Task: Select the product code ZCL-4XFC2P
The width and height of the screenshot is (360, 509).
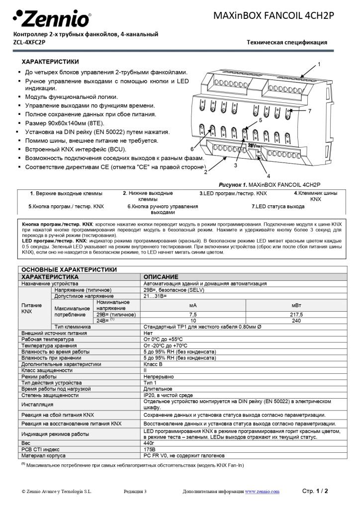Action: coord(29,42)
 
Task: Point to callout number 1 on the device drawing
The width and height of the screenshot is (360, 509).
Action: coord(319,64)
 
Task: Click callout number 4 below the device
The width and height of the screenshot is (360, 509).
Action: coord(268,175)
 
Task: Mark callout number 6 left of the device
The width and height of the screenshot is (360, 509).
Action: coord(192,149)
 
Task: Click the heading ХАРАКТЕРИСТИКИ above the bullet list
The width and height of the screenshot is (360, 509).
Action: coord(50,62)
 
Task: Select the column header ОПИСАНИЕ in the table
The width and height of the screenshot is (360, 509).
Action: coord(161,276)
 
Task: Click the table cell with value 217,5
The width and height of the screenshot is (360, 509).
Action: coord(296,315)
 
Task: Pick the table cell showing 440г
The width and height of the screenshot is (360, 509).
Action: coord(149,442)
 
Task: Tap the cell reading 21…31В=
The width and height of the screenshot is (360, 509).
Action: coord(155,296)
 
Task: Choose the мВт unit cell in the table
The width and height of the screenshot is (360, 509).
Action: coord(296,305)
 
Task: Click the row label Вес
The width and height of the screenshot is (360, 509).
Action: coord(26,442)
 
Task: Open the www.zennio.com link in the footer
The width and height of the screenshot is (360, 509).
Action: coord(262,491)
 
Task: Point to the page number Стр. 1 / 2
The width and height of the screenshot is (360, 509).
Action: coord(315,491)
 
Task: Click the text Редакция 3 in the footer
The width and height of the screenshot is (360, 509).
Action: coord(135,491)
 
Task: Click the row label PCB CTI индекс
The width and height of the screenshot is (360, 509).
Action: coord(40,449)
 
